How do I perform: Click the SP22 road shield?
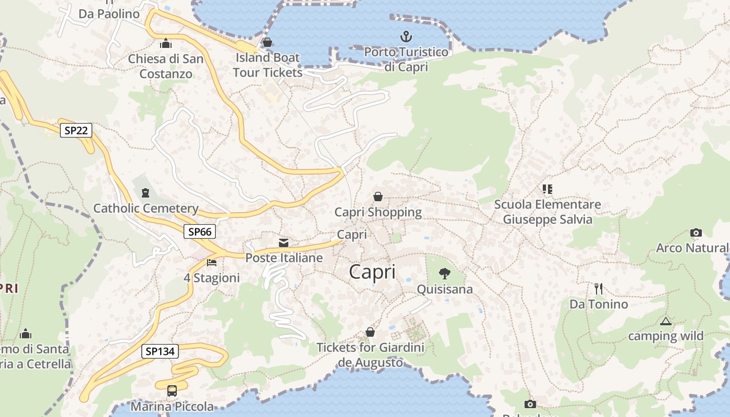click(76, 130)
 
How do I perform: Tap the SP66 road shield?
click(200, 231)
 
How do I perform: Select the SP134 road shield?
click(160, 351)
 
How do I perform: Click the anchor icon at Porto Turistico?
click(406, 36)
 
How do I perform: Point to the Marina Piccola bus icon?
click(172, 390)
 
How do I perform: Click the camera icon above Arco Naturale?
click(696, 232)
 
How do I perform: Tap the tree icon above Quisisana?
click(445, 273)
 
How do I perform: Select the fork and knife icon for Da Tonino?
click(599, 288)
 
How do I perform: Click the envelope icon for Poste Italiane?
click(284, 242)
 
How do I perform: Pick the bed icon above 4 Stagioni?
click(211, 262)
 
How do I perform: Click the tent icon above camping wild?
click(665, 321)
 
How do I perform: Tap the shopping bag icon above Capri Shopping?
click(378, 197)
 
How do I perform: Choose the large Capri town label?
click(372, 272)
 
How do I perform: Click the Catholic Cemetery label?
click(146, 208)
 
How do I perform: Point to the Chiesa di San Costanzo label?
click(166, 66)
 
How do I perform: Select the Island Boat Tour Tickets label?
click(267, 65)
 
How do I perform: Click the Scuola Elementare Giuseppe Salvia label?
click(547, 212)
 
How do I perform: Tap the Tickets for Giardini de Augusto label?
click(371, 354)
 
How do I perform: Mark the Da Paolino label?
click(109, 14)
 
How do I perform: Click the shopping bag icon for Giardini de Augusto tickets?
click(370, 332)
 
